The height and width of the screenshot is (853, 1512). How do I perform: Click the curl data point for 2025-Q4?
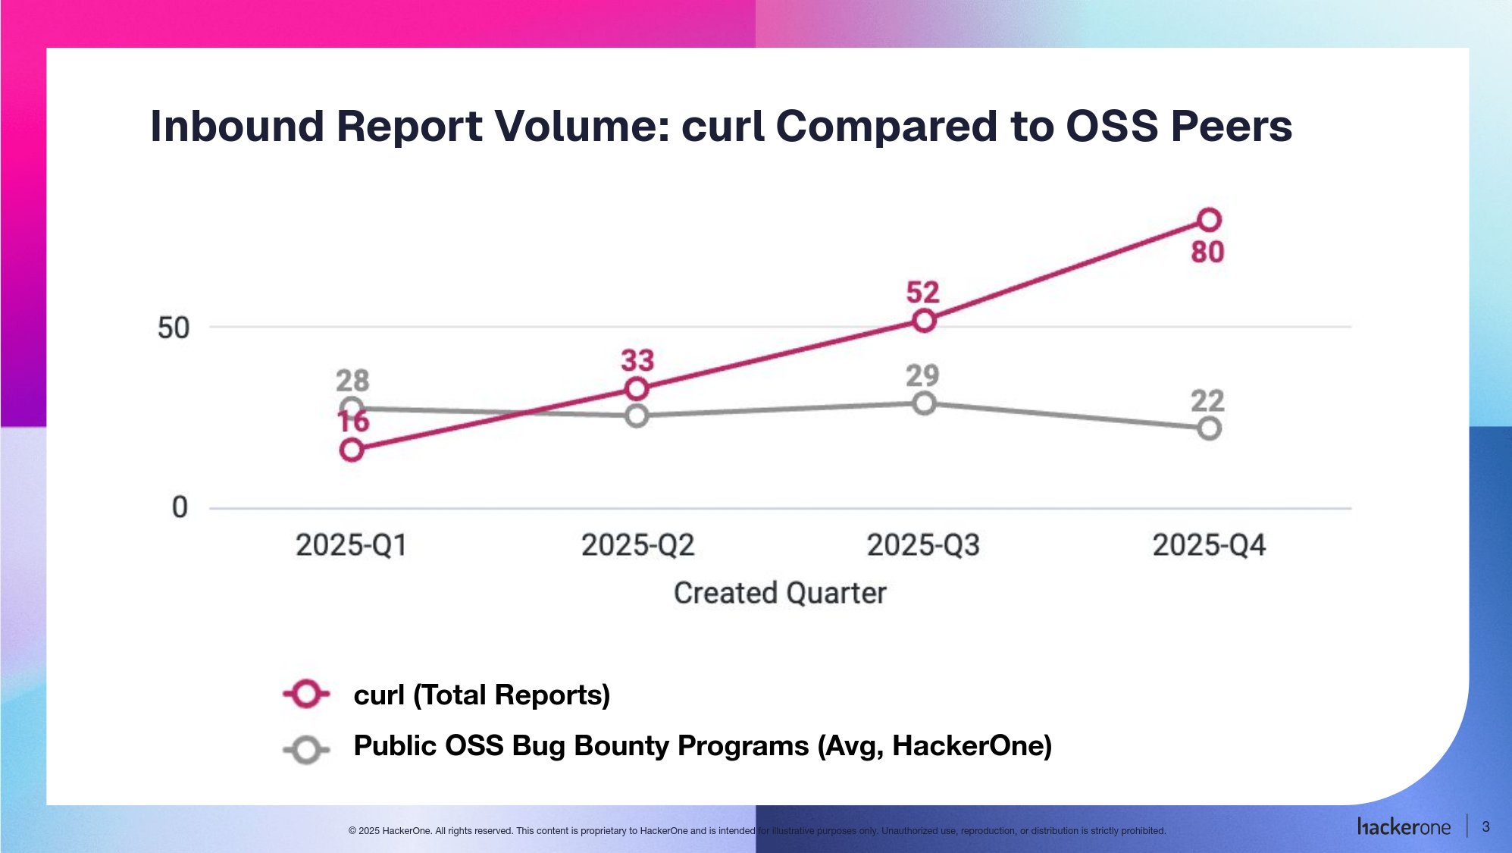tap(1209, 220)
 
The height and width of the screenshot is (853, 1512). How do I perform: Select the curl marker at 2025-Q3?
tap(923, 321)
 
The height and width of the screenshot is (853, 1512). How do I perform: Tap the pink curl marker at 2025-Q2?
tap(637, 389)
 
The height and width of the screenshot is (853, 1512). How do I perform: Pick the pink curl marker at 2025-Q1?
tap(352, 450)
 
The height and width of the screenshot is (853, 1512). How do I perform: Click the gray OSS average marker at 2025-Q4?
tap(1209, 428)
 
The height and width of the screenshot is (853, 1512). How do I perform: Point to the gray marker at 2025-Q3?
tap(923, 403)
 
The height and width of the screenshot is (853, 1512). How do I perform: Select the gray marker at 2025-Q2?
tap(637, 416)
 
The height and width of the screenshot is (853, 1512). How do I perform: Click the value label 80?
tap(1207, 252)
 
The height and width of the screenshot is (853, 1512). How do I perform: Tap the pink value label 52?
tap(922, 293)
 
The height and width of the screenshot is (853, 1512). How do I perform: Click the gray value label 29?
tap(922, 375)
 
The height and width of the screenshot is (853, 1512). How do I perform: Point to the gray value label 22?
tap(1207, 401)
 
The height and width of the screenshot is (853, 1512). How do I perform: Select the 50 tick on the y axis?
tap(174, 328)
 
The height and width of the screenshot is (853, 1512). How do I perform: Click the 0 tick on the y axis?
tap(180, 507)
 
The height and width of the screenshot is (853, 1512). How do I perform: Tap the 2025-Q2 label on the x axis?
tap(637, 545)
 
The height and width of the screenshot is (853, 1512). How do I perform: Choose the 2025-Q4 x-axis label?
tap(1209, 545)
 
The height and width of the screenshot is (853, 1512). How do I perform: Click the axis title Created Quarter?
tap(780, 593)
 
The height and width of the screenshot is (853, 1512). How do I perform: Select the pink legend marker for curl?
tap(306, 694)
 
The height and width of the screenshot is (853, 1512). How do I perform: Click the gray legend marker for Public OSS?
tap(306, 750)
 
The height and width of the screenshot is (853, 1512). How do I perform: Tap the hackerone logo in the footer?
tap(1404, 827)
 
